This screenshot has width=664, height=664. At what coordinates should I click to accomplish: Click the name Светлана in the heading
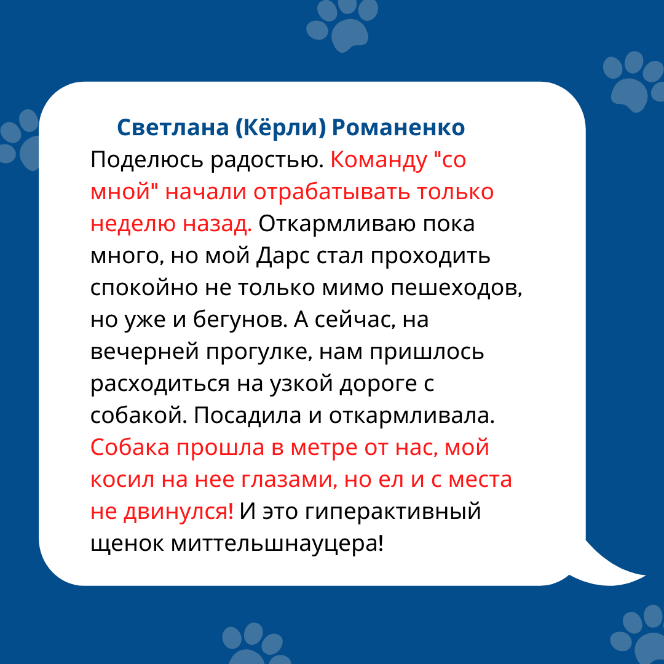click(x=173, y=127)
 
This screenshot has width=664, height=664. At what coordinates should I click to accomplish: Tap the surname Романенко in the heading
click(x=398, y=127)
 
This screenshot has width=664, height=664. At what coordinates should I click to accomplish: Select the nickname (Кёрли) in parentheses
click(x=280, y=127)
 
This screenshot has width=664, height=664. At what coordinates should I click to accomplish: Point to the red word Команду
click(x=379, y=160)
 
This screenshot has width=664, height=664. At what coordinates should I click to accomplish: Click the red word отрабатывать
click(x=331, y=192)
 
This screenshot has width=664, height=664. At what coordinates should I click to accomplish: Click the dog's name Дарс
click(x=283, y=256)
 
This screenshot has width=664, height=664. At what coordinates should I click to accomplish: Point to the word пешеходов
click(x=456, y=288)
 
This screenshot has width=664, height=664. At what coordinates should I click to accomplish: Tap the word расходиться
click(x=160, y=384)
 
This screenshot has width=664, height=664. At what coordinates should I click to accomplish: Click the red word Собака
click(x=130, y=448)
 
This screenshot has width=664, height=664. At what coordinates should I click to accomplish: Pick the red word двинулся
click(x=178, y=512)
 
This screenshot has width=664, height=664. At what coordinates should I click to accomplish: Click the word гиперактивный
click(x=392, y=512)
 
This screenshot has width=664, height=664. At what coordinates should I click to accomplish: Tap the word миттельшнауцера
click(x=277, y=543)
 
